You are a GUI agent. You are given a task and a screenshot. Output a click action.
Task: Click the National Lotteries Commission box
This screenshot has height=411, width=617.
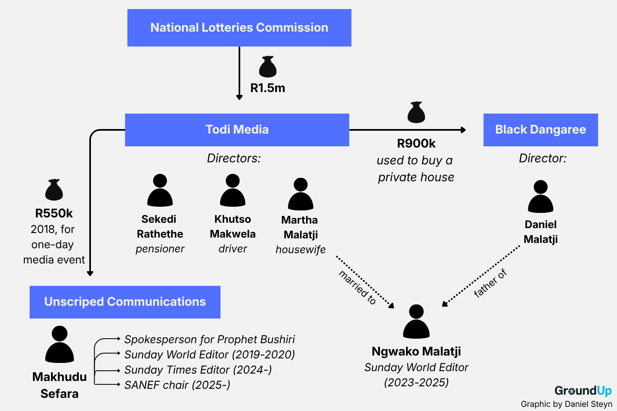pos(239,28)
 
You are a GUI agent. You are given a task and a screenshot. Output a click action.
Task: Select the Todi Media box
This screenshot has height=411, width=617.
pos(237,129)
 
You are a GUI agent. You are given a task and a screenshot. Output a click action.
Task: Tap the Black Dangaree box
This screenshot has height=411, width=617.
pos(540,129)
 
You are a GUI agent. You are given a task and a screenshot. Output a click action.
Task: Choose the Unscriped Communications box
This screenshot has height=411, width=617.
pos(125,302)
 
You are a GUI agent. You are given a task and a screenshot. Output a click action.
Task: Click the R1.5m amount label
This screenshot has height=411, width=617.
pos(267,88)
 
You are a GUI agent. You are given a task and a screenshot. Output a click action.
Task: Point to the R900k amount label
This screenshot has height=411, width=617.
pos(416,143)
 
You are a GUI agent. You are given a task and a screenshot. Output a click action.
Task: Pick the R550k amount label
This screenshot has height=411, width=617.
pos(54,213)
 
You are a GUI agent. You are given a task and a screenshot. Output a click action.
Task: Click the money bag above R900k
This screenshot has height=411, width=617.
pos(416,112)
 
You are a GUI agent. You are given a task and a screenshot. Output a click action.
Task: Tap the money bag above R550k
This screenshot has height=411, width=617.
pos(54,189)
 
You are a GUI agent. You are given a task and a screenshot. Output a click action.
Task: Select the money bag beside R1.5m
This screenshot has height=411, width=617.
pos(268,67)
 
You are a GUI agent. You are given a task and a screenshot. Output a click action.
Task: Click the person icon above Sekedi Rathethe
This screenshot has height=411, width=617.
pos(160,190)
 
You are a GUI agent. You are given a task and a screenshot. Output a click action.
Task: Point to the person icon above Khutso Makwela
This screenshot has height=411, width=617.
pos(233,190)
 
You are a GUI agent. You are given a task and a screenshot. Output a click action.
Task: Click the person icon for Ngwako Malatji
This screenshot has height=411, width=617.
pos(416,321)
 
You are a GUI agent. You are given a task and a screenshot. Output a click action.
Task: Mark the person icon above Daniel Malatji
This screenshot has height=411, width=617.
pos(540,196)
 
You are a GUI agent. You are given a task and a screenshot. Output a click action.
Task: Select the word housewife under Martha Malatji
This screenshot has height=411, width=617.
pos(301,250)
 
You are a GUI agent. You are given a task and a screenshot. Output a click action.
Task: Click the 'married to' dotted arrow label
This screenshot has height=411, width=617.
pos(357,287)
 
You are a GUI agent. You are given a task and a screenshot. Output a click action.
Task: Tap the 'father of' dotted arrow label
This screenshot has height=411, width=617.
pos(490,283)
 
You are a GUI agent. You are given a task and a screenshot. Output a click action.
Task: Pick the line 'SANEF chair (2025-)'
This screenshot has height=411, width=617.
pos(177,385)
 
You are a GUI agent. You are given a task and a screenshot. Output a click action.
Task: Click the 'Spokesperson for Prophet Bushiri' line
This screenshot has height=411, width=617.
pos(210,339)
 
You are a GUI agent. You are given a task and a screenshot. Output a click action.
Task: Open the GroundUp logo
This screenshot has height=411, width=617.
pos(583,390)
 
